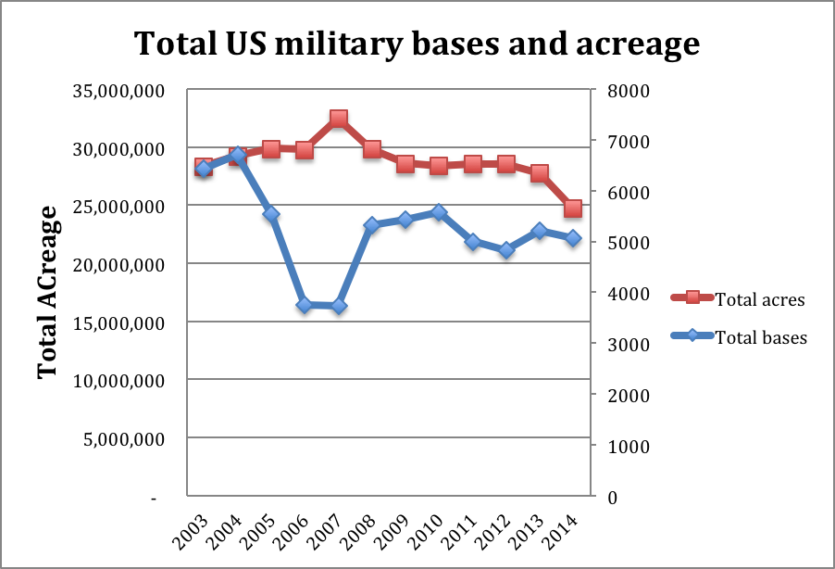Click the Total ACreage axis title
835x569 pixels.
[48, 292]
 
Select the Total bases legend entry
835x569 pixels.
[761, 337]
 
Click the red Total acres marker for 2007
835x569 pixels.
[339, 119]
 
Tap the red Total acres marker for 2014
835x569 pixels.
[573, 209]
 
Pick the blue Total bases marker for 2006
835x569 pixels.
[305, 305]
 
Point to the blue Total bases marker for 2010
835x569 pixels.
[439, 212]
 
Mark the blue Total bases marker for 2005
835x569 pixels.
[271, 214]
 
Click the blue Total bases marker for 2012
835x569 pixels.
[506, 250]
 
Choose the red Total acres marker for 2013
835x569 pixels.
[540, 173]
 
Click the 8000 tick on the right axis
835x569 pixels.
[624, 91]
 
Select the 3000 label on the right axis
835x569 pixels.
[624, 345]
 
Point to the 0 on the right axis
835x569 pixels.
[612, 497]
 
